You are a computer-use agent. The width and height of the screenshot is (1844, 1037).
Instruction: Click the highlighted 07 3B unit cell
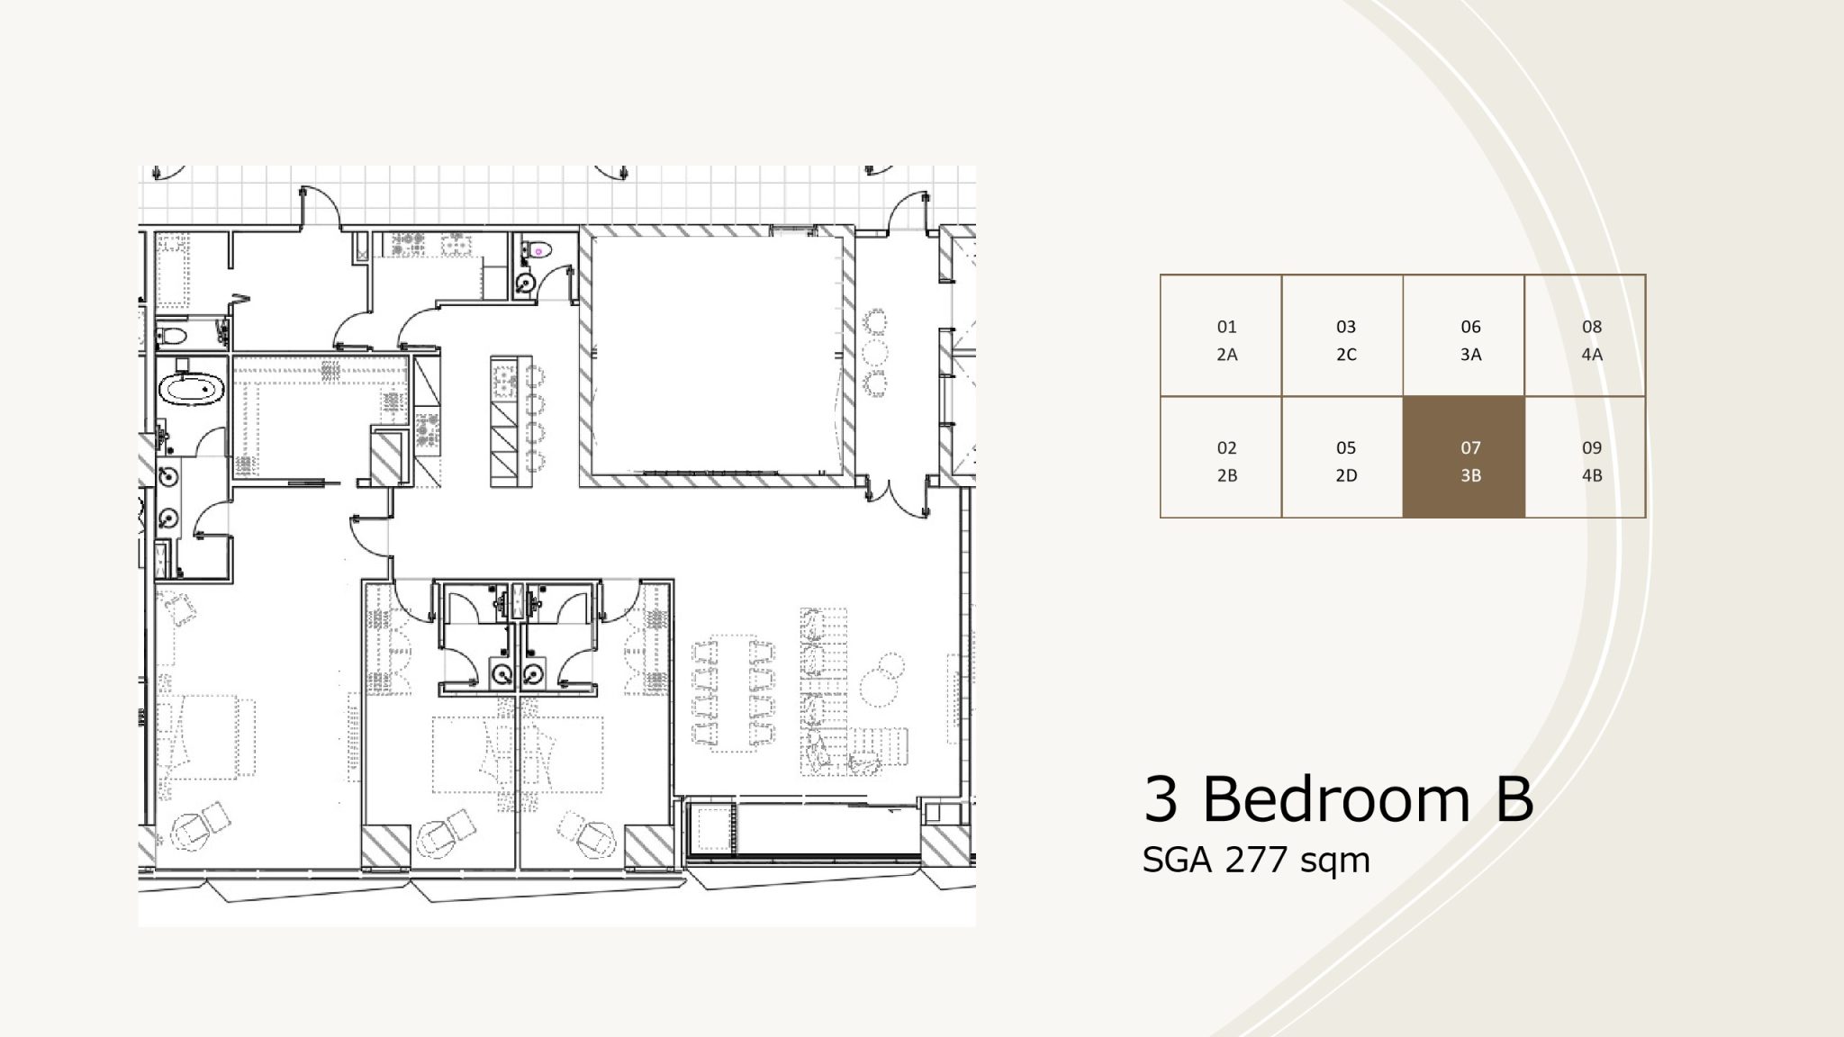coord(1463,457)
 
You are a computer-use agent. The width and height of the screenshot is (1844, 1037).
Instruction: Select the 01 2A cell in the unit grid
coord(1221,336)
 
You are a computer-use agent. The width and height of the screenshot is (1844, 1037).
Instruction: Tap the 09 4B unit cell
coord(1585,457)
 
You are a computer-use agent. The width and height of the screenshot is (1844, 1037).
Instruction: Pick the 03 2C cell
coord(1342,336)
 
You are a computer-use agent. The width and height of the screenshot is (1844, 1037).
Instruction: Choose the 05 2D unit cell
coord(1342,457)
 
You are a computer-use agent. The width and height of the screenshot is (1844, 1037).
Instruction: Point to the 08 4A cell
coord(1585,336)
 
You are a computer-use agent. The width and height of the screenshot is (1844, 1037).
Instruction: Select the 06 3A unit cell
coord(1463,336)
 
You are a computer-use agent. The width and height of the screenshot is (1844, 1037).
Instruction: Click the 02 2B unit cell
coord(1221,457)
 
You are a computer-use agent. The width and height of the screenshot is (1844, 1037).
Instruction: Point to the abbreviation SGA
coord(1178,860)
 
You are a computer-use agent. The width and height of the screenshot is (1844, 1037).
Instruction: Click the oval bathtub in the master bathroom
coord(191,390)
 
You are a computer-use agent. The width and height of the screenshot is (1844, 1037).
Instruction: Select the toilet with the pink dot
coord(538,250)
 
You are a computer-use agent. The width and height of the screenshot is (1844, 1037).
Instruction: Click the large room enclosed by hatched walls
coord(717,356)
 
